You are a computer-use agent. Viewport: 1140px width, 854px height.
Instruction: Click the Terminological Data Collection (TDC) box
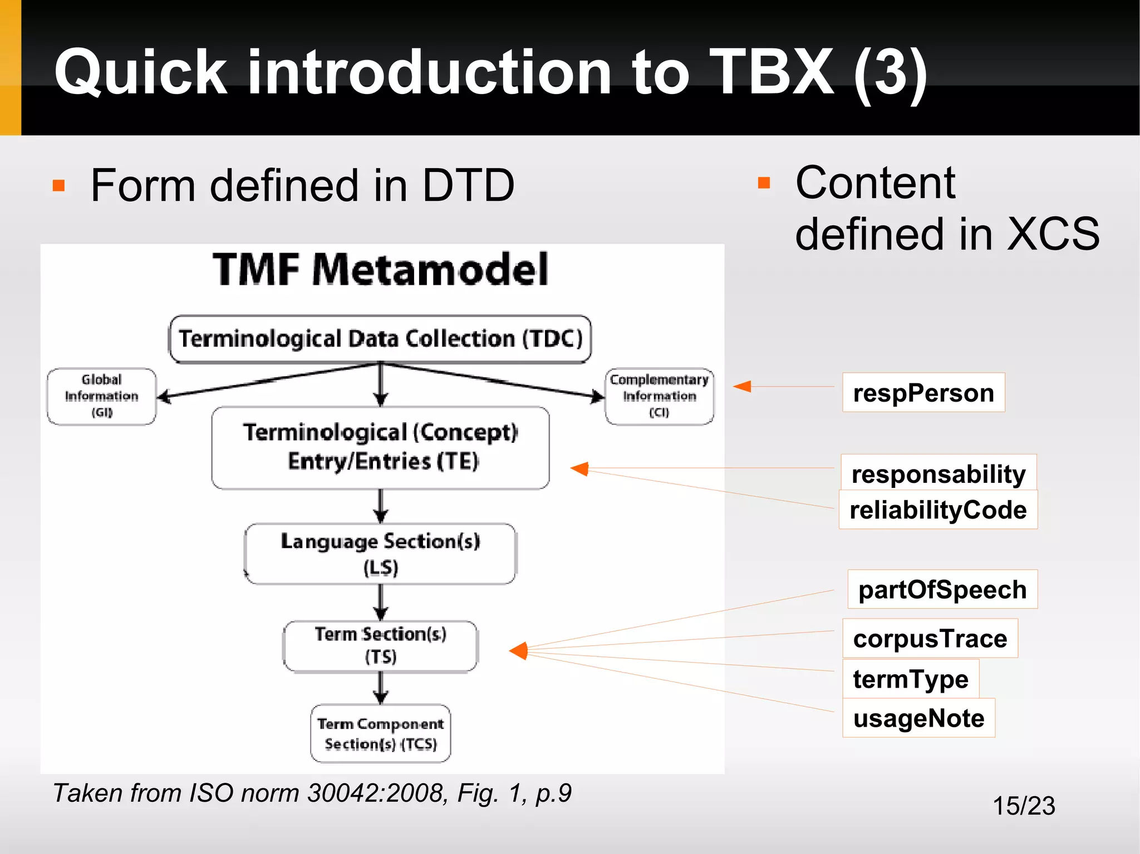(x=380, y=339)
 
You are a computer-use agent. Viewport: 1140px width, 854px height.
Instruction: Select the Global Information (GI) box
(x=101, y=396)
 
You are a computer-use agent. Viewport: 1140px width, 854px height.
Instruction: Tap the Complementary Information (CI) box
(x=659, y=396)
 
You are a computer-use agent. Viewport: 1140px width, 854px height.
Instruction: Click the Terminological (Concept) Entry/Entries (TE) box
(x=380, y=447)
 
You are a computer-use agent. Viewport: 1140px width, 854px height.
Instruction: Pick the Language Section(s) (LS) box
(x=380, y=554)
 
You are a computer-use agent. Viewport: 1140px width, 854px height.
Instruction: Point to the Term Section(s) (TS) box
(x=380, y=645)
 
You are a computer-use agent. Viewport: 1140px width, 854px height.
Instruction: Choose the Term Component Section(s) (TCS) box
(x=380, y=733)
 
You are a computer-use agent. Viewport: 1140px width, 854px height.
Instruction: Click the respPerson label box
(x=923, y=393)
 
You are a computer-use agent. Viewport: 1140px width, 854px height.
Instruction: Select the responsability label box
(x=938, y=473)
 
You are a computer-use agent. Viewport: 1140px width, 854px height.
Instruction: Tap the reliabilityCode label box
(x=938, y=510)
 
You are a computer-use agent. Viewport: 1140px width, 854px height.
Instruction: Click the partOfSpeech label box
(x=942, y=589)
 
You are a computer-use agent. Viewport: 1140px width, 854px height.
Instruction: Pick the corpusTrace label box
(x=930, y=638)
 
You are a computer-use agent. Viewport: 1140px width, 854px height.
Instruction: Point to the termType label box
(x=910, y=679)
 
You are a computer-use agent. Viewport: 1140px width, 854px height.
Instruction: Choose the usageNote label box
(x=918, y=718)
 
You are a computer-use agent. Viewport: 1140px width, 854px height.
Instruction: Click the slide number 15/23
(x=1024, y=806)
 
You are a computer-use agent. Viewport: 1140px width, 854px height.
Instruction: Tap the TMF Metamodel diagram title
(x=380, y=269)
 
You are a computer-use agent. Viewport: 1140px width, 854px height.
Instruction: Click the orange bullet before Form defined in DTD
(x=59, y=185)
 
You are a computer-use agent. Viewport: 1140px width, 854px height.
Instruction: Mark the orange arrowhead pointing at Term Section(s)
(x=519, y=650)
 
